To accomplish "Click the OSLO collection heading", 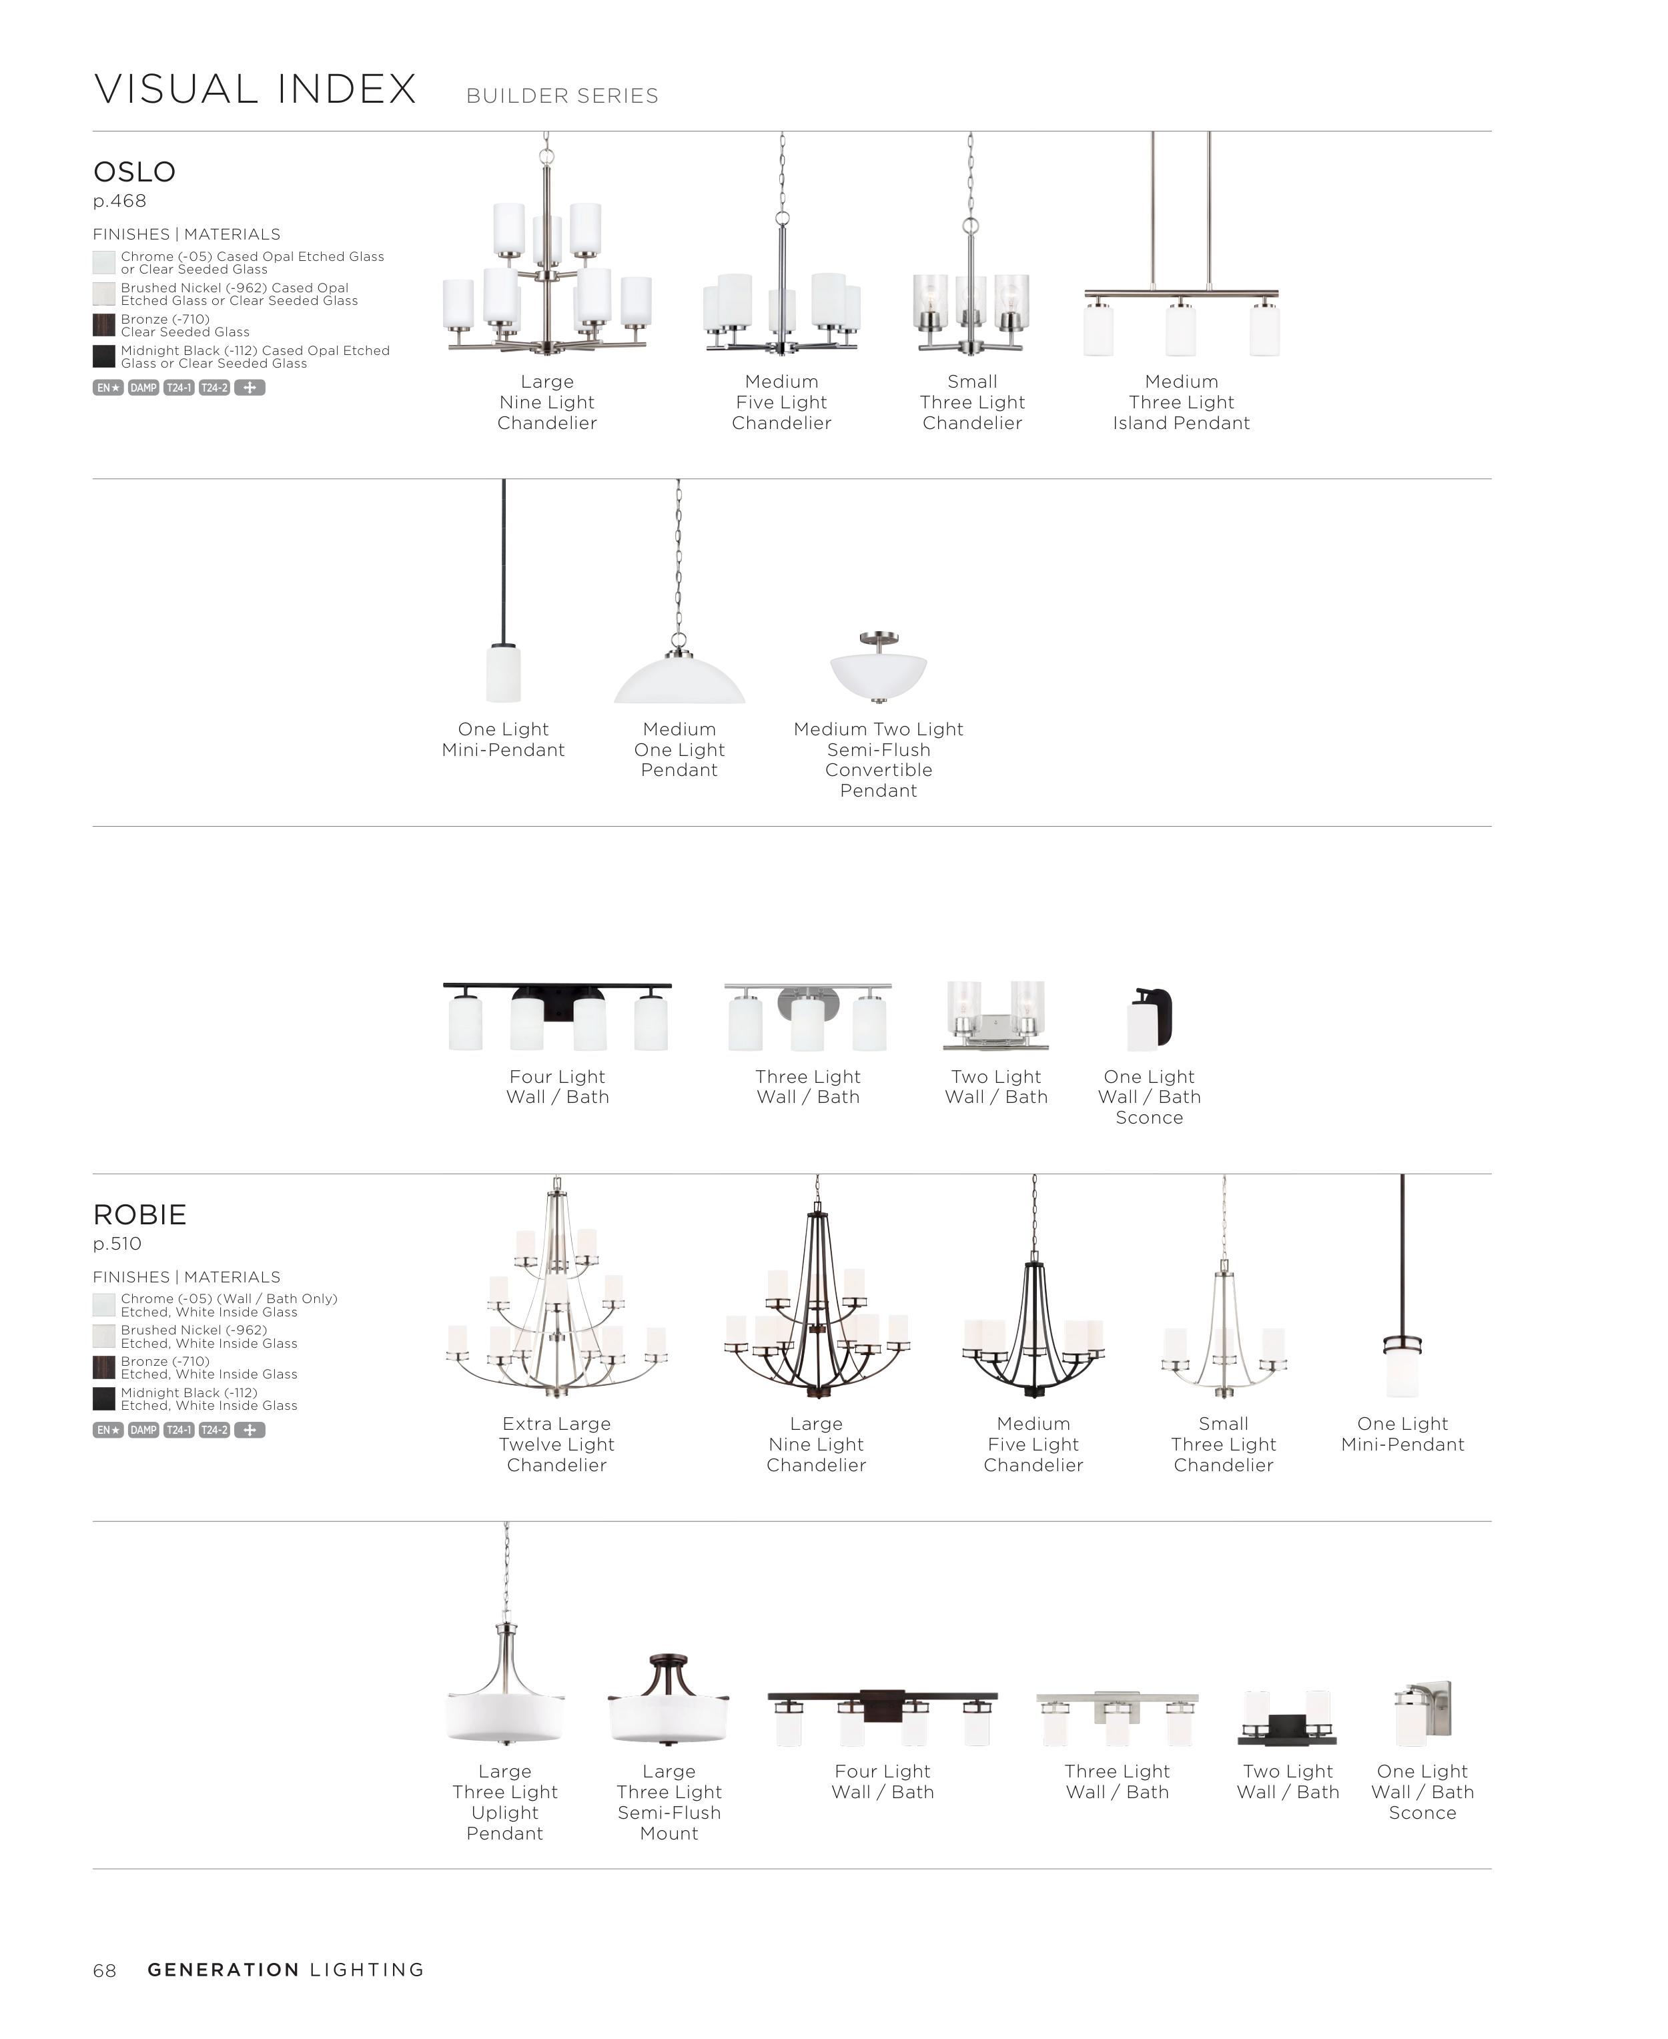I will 135,172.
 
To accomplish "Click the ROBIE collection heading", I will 139,1214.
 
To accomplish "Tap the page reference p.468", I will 119,201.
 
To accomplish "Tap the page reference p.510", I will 117,1244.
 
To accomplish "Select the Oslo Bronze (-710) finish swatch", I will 104,325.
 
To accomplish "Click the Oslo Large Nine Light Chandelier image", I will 546,279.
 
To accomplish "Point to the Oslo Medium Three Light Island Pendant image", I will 1181,308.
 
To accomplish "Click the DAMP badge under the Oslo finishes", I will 143,388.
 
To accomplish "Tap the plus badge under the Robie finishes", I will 250,1430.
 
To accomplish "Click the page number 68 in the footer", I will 105,1971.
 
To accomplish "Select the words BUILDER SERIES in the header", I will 562,96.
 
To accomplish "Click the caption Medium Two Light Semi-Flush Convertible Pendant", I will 878,759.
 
